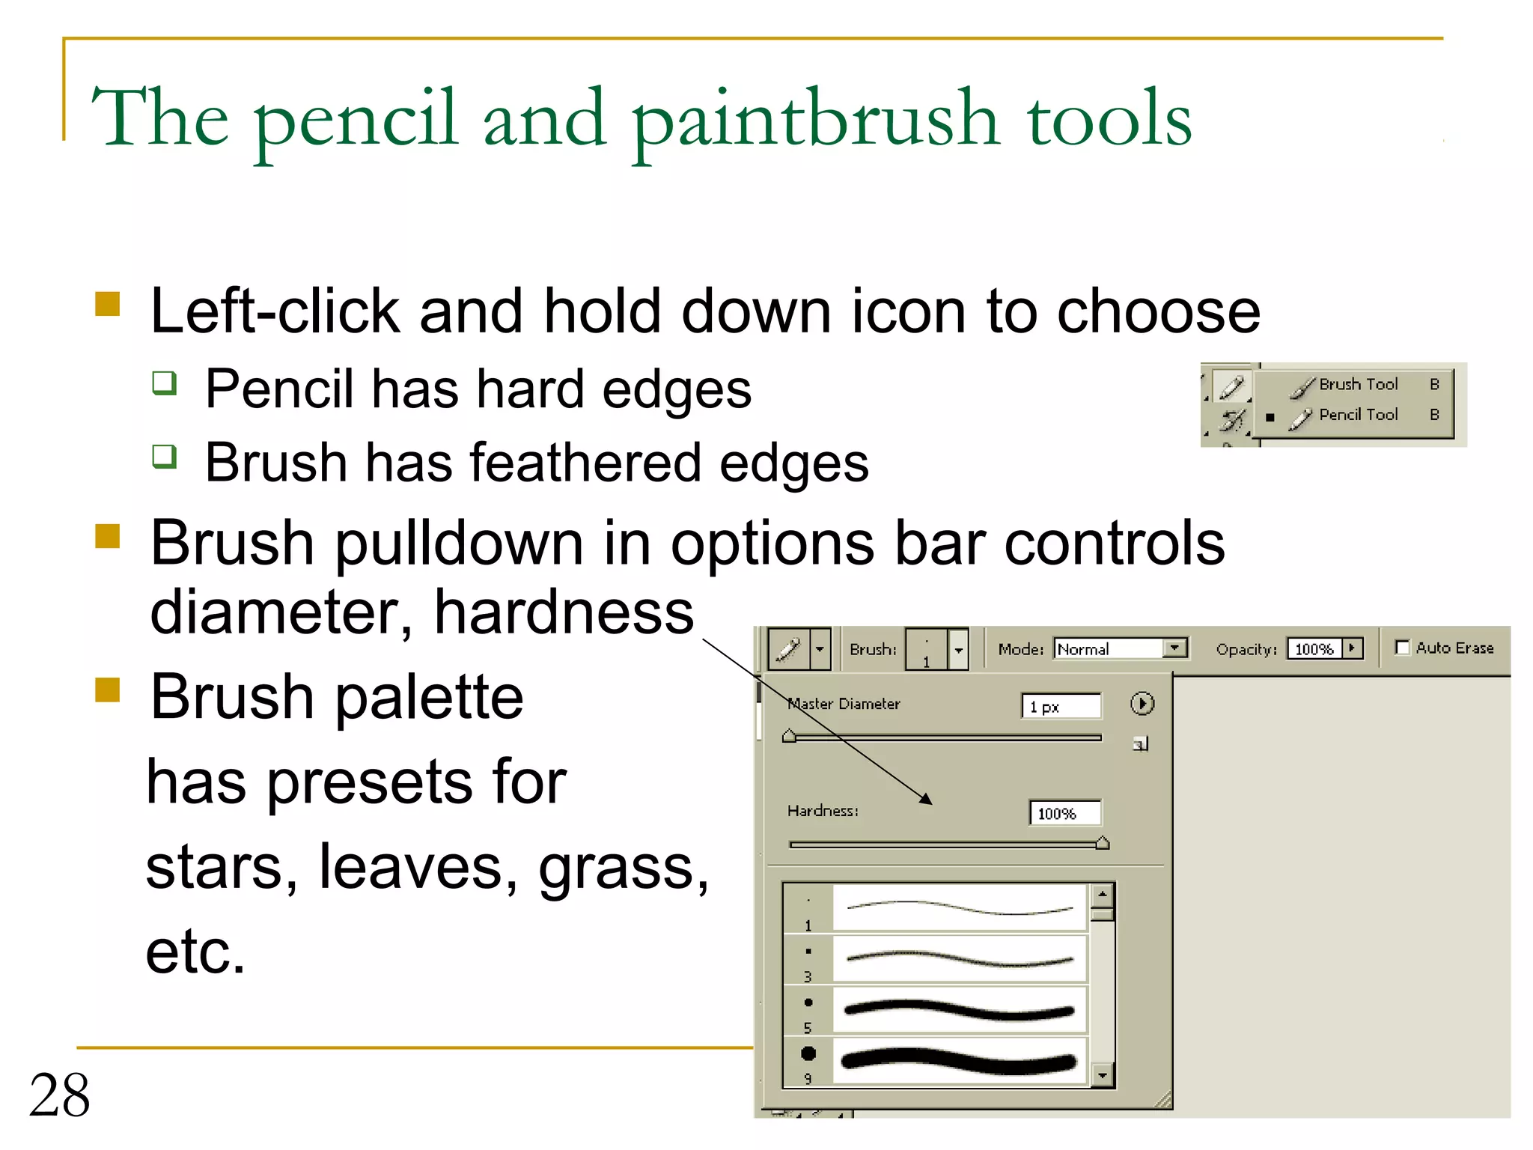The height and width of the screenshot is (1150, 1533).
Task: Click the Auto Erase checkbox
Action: [1403, 648]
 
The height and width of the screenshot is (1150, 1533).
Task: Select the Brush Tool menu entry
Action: [1358, 385]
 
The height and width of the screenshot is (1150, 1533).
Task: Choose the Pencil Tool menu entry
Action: [1358, 416]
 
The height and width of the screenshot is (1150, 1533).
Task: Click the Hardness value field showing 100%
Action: [1064, 813]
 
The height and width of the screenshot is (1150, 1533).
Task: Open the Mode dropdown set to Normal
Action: [1120, 648]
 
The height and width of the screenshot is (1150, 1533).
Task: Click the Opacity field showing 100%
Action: [1315, 648]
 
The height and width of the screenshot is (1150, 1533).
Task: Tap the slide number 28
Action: [60, 1095]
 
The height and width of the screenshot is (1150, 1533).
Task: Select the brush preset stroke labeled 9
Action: [960, 1061]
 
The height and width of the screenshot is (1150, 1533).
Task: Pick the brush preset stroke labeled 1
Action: [960, 908]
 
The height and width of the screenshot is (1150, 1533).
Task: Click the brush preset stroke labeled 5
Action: [960, 1010]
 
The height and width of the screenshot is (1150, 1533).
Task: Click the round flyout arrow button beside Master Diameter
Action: [1142, 704]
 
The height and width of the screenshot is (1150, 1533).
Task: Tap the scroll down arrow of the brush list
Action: [1103, 1076]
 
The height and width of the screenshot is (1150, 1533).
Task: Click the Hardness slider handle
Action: [1103, 844]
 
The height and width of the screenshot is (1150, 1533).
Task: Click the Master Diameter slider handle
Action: [789, 736]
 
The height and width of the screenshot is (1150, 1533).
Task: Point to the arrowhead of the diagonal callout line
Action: [927, 800]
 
